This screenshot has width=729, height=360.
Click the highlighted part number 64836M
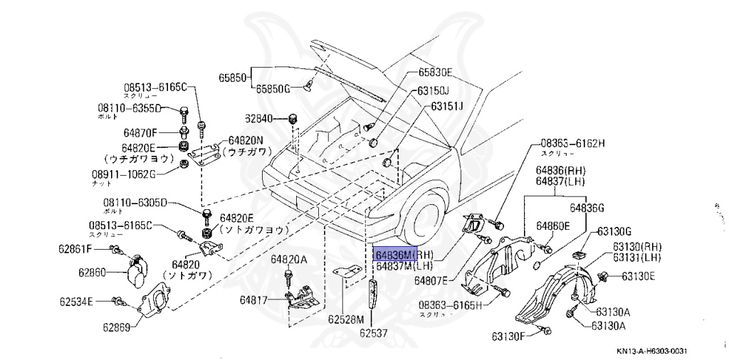tap(392, 254)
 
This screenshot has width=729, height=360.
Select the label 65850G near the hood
tap(273, 89)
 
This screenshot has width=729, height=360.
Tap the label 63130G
tap(614, 231)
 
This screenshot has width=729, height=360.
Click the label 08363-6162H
tap(572, 143)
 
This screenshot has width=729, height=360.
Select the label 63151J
tap(446, 106)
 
